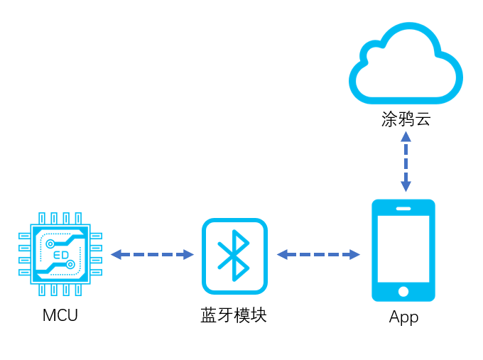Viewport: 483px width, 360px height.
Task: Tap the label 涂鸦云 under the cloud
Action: (406, 119)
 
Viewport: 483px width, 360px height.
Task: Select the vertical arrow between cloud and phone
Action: (406, 161)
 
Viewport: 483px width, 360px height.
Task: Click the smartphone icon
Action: (403, 250)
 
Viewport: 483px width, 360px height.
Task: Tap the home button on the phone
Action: (403, 291)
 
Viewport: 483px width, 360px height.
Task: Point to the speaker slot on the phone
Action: (403, 208)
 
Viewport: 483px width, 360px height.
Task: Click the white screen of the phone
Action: (403, 249)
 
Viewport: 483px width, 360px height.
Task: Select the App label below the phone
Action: (403, 317)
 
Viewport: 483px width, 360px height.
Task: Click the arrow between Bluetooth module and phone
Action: (318, 254)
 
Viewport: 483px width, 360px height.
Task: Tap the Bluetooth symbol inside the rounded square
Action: (234, 256)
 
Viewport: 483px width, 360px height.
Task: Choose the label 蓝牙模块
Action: (234, 315)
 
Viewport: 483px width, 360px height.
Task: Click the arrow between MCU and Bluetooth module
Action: (152, 254)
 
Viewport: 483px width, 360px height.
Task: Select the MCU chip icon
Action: (60, 253)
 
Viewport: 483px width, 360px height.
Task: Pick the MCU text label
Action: (60, 315)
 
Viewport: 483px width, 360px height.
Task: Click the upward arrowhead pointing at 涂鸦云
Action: (406, 136)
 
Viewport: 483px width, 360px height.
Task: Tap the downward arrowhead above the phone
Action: (406, 186)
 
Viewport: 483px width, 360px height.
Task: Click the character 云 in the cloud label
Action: (423, 119)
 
